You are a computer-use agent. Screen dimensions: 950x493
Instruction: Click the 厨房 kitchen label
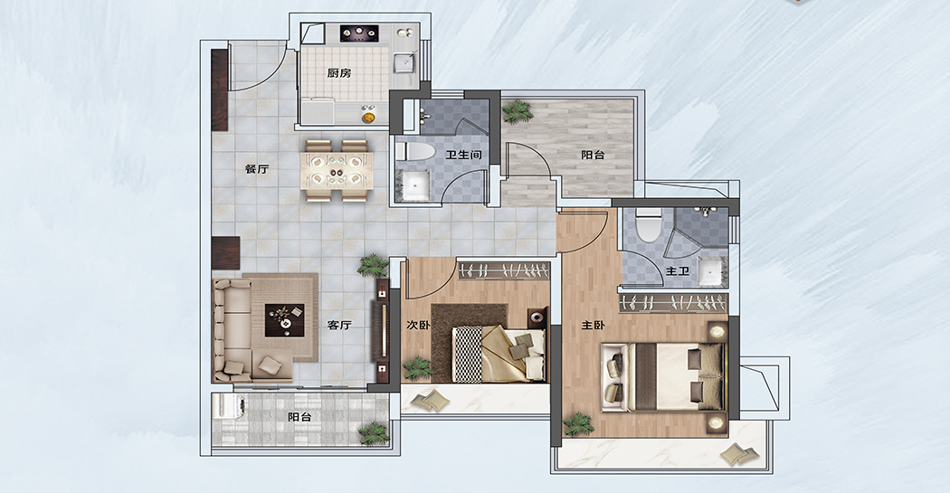click(x=338, y=73)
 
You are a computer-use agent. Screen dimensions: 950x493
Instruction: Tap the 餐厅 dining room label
click(x=256, y=169)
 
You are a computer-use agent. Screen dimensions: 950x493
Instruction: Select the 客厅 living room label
click(x=339, y=326)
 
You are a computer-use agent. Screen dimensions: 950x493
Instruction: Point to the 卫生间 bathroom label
click(x=463, y=155)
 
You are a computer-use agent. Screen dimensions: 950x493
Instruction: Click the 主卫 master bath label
click(x=678, y=270)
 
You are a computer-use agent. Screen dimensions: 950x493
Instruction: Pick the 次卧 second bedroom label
click(x=418, y=326)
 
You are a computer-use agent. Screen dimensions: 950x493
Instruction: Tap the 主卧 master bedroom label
click(x=594, y=326)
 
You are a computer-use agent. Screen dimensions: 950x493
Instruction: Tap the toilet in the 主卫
click(x=649, y=224)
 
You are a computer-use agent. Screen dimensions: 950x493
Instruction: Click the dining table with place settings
click(x=337, y=170)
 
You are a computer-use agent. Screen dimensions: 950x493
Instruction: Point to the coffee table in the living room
click(x=285, y=320)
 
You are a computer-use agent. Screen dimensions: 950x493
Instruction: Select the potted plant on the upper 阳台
click(x=517, y=111)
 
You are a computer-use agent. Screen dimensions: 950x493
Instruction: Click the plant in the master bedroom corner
click(x=579, y=424)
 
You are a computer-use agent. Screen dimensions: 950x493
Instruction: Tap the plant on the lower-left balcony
click(x=373, y=433)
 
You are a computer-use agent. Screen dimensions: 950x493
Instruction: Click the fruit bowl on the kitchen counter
click(x=368, y=114)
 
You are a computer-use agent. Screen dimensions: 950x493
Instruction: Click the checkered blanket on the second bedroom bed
click(x=467, y=355)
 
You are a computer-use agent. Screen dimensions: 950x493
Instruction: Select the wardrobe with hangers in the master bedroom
click(x=673, y=302)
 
